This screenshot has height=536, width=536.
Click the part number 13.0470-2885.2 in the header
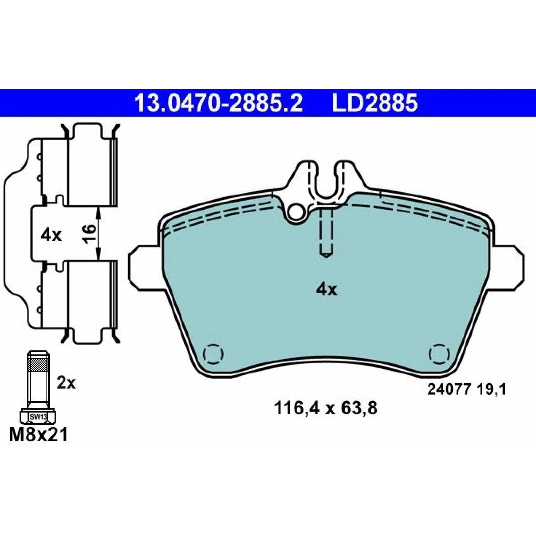(218, 103)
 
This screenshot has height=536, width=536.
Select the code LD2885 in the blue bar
(375, 103)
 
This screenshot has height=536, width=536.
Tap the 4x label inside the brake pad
(327, 290)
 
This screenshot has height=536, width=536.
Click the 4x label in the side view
(51, 236)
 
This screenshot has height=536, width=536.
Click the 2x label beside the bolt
(66, 383)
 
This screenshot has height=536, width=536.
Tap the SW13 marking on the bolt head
(38, 417)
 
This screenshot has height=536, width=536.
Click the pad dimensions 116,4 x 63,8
(326, 408)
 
